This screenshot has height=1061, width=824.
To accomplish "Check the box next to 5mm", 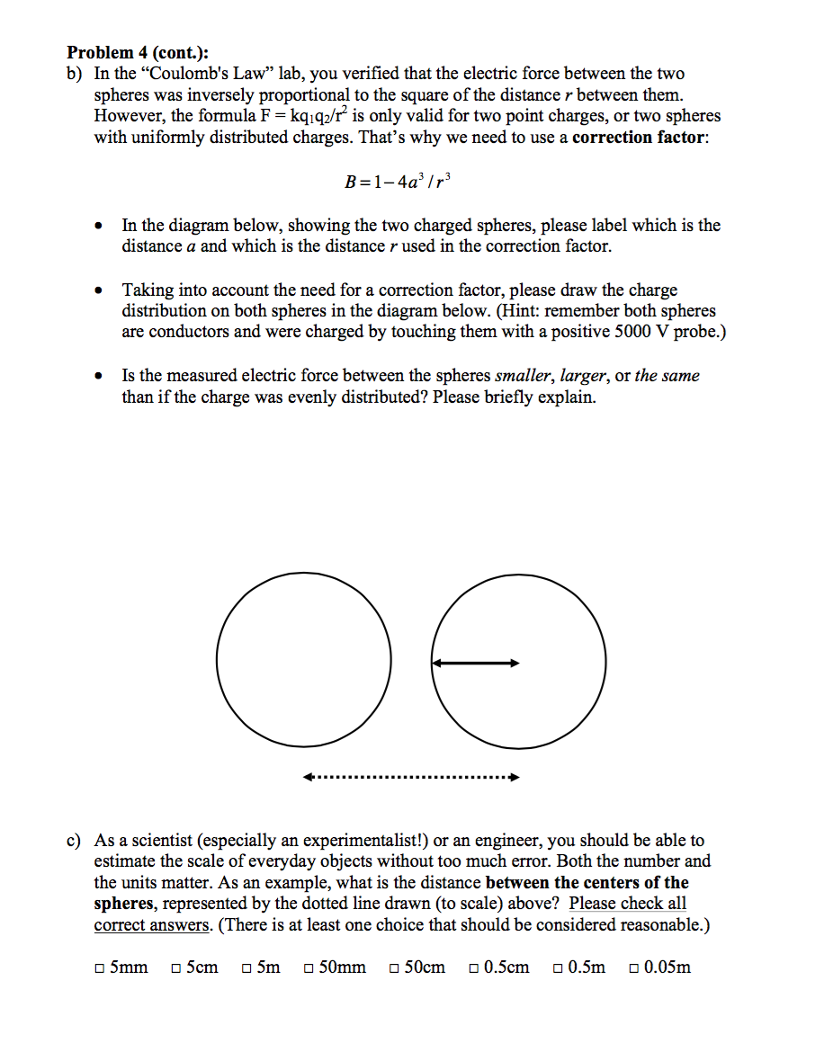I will [99, 968].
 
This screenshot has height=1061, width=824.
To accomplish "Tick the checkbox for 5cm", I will [176, 968].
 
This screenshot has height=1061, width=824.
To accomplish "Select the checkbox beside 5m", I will [246, 968].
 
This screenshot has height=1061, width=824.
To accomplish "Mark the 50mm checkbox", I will [309, 968].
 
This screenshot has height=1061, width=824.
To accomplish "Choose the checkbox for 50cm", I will [395, 968].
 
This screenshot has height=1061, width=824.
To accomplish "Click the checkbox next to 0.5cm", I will [473, 968].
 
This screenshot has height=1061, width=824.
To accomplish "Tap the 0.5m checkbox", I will [559, 968].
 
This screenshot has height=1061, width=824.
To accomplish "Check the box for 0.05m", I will [635, 968].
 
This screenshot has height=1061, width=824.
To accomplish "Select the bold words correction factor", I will [639, 137].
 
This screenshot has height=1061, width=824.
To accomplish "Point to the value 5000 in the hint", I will [644, 332].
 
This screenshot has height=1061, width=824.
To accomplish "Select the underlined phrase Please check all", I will [628, 904].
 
